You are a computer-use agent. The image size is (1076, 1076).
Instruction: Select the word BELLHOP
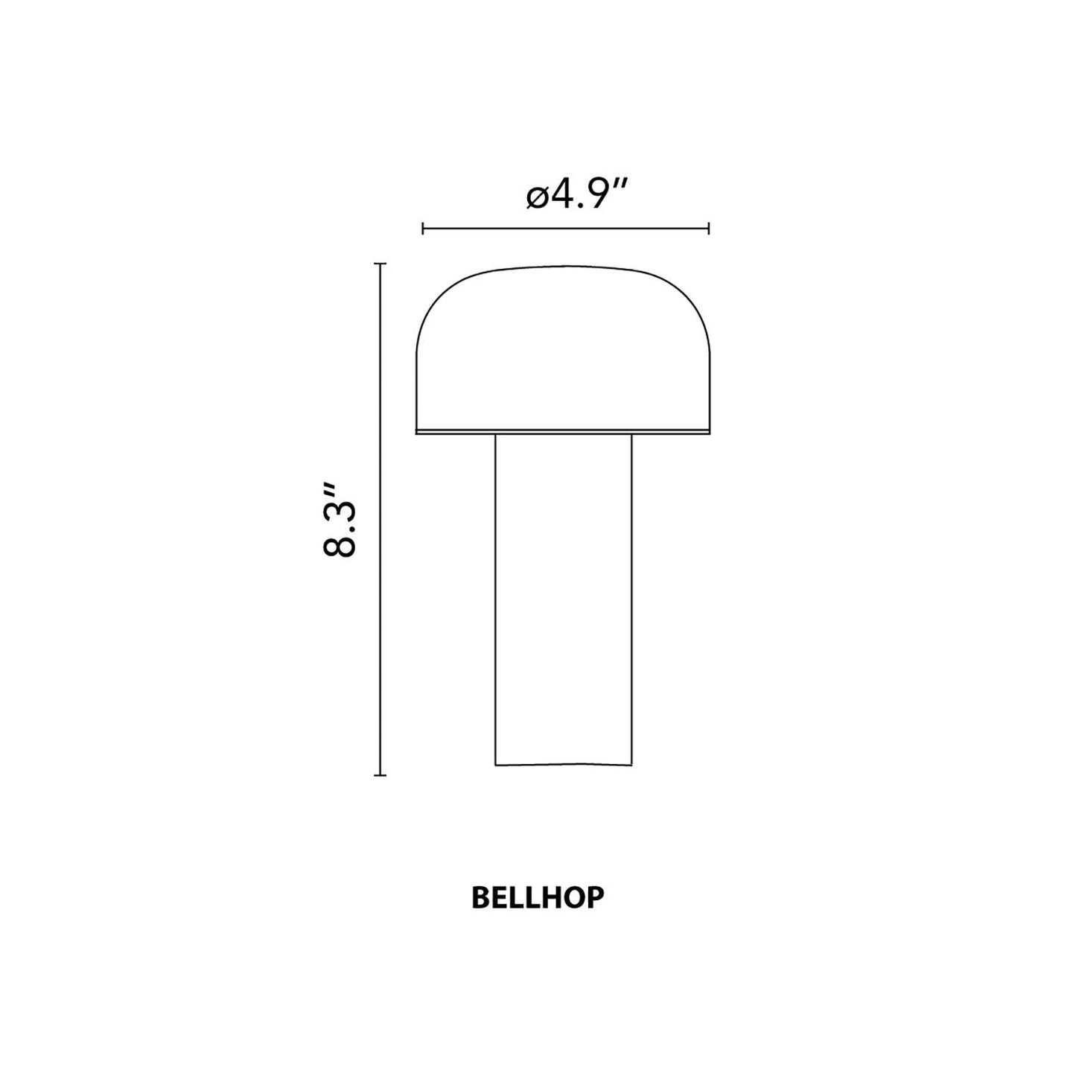click(538, 898)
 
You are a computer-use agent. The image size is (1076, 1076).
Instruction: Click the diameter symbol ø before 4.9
click(538, 197)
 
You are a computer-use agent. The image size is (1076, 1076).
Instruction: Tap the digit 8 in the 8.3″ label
click(340, 544)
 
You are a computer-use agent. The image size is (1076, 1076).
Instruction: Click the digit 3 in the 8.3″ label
click(340, 508)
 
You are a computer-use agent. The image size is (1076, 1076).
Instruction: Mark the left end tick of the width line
click(423, 229)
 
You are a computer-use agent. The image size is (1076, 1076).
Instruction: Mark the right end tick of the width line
click(709, 229)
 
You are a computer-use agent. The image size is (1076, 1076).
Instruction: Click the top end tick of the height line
click(381, 264)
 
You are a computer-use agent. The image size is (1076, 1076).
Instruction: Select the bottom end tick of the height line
click(381, 775)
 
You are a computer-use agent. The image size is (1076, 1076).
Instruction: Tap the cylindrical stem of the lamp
click(563, 596)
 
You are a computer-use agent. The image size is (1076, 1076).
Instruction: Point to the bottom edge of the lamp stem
click(563, 764)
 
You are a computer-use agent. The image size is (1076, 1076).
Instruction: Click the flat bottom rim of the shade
click(562, 431)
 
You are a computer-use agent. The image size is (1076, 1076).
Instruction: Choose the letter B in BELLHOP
click(480, 898)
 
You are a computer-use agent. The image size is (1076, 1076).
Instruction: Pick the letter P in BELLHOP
click(595, 898)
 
